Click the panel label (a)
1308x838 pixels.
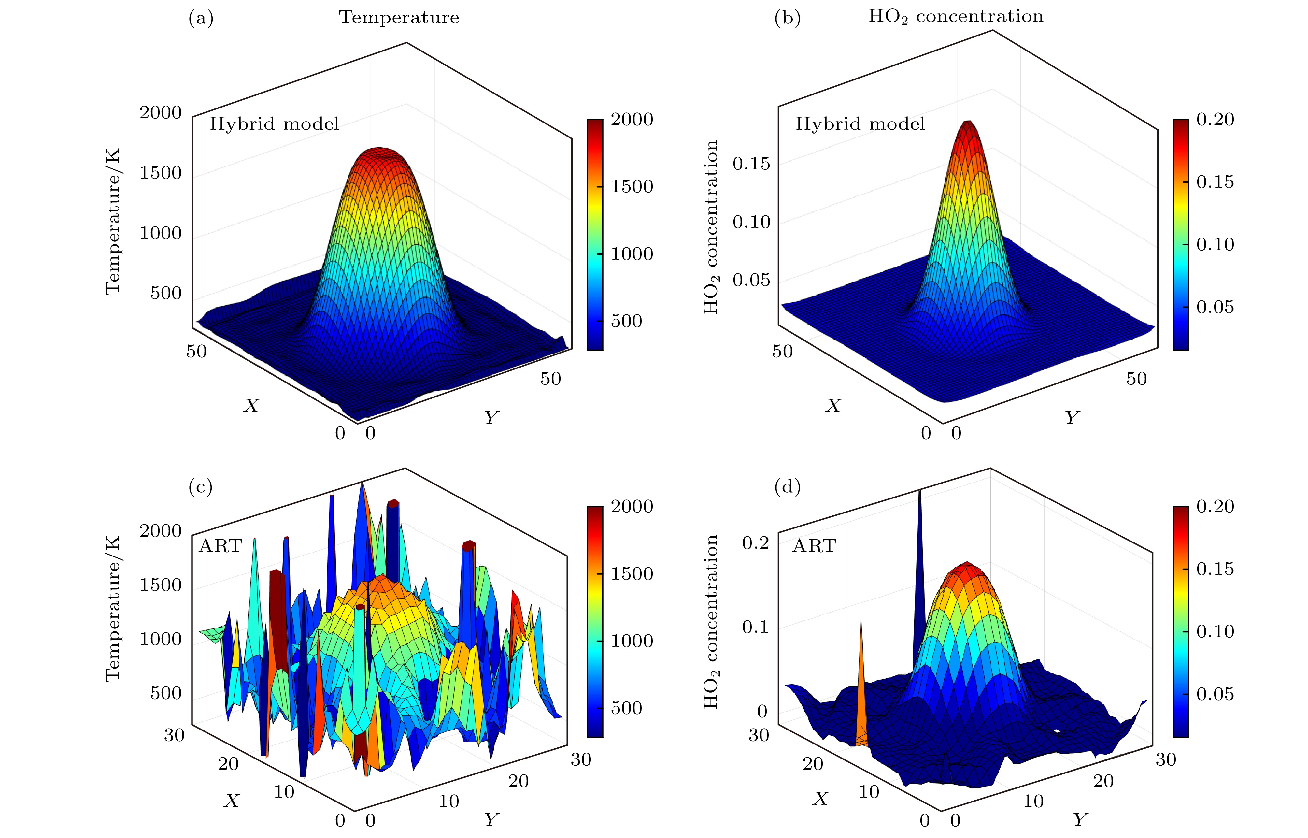201,19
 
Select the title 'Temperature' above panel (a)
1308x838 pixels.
399,17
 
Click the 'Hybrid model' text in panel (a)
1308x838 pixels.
274,124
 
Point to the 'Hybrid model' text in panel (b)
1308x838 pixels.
860,124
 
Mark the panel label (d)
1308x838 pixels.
787,487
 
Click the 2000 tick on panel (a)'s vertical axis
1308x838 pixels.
161,113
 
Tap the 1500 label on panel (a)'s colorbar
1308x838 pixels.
632,187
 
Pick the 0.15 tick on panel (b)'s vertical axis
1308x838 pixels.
751,163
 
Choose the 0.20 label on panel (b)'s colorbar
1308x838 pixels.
1215,119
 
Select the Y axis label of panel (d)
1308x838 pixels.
1080,819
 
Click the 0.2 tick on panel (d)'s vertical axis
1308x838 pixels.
755,542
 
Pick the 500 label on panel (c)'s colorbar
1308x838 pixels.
626,708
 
